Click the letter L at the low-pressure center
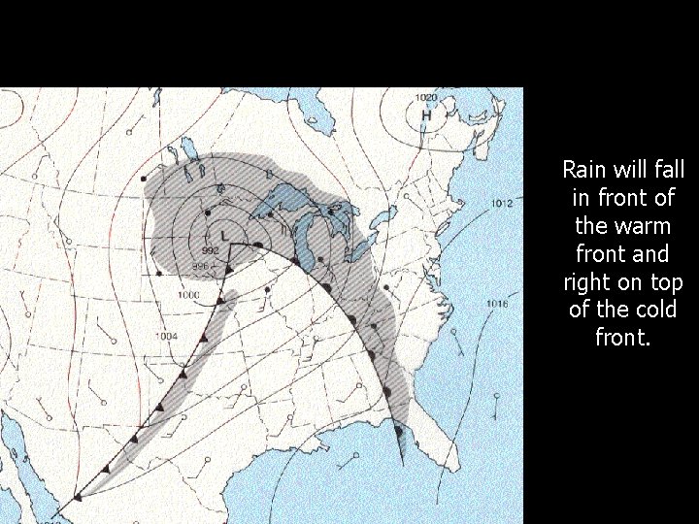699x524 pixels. [224, 236]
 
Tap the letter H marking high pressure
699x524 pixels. [425, 115]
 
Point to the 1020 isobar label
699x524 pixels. [425, 98]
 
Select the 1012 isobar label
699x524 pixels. [502, 204]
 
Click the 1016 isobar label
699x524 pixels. [496, 305]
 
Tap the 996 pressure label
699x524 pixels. [200, 266]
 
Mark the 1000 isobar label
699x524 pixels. [188, 294]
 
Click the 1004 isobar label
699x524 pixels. [166, 337]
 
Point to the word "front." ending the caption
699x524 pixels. [622, 339]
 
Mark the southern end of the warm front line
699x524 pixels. [402, 464]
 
